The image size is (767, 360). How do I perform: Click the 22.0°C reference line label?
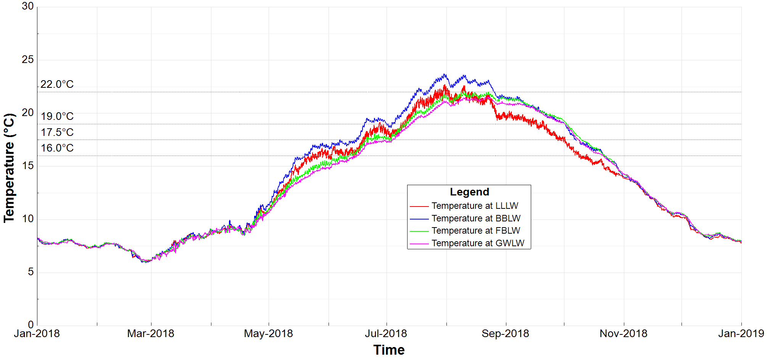[x=57, y=84]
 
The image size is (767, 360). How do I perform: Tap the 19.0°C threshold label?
[x=57, y=116]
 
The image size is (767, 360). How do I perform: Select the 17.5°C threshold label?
[x=57, y=132]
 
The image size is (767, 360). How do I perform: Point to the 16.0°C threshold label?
[x=57, y=148]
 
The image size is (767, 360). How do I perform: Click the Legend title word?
[x=469, y=192]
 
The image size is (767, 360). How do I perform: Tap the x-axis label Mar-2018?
[x=150, y=334]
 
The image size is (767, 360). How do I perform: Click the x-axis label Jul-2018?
[x=386, y=334]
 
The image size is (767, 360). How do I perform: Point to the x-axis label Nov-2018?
[x=624, y=334]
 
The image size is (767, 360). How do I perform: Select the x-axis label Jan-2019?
[x=741, y=334]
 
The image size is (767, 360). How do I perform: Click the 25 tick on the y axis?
[x=28, y=60]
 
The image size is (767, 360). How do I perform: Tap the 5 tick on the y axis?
[x=31, y=272]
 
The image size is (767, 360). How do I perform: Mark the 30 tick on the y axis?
[x=28, y=6]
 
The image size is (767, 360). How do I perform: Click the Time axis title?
[x=389, y=350]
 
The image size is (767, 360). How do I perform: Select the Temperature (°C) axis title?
[x=9, y=168]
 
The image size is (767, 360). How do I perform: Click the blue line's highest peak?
[x=444, y=74]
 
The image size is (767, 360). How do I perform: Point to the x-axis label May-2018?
[x=268, y=334]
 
